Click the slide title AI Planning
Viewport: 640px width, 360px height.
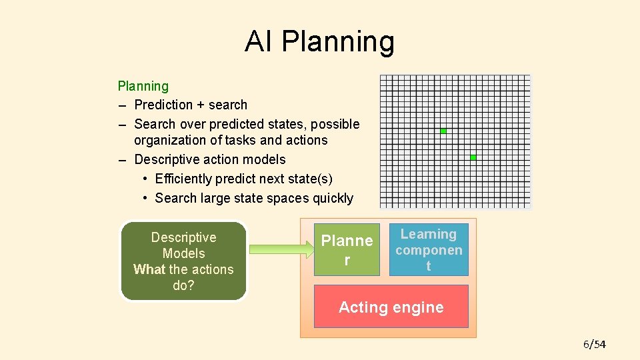[319, 41]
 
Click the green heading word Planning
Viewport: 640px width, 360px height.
[143, 86]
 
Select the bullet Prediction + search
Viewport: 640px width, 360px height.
[191, 105]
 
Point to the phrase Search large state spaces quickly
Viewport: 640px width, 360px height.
[254, 198]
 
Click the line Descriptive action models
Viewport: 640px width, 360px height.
[210, 159]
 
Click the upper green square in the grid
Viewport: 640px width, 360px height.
[443, 131]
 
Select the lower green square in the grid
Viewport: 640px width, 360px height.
[473, 157]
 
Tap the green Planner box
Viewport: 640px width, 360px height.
[347, 249]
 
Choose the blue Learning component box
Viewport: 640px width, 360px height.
[429, 249]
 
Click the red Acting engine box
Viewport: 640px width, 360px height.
[391, 307]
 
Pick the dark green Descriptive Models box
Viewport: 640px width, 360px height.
[183, 261]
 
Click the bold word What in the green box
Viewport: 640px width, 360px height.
[149, 269]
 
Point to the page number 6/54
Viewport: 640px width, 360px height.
[594, 344]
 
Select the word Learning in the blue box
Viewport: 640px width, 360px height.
[429, 234]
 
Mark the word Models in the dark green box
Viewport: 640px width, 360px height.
[183, 253]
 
